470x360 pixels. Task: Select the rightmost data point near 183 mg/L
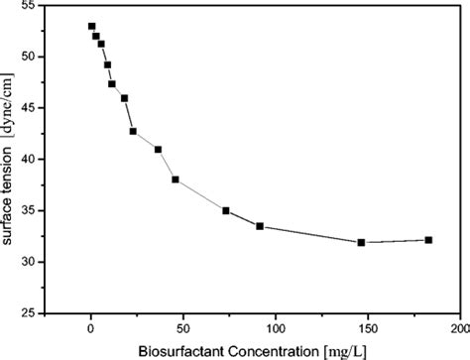(428, 240)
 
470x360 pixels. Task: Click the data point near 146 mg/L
(361, 242)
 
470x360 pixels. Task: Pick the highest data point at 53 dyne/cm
(91, 26)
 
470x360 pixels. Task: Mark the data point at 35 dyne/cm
(226, 210)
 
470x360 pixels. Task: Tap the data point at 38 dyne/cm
(176, 180)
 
